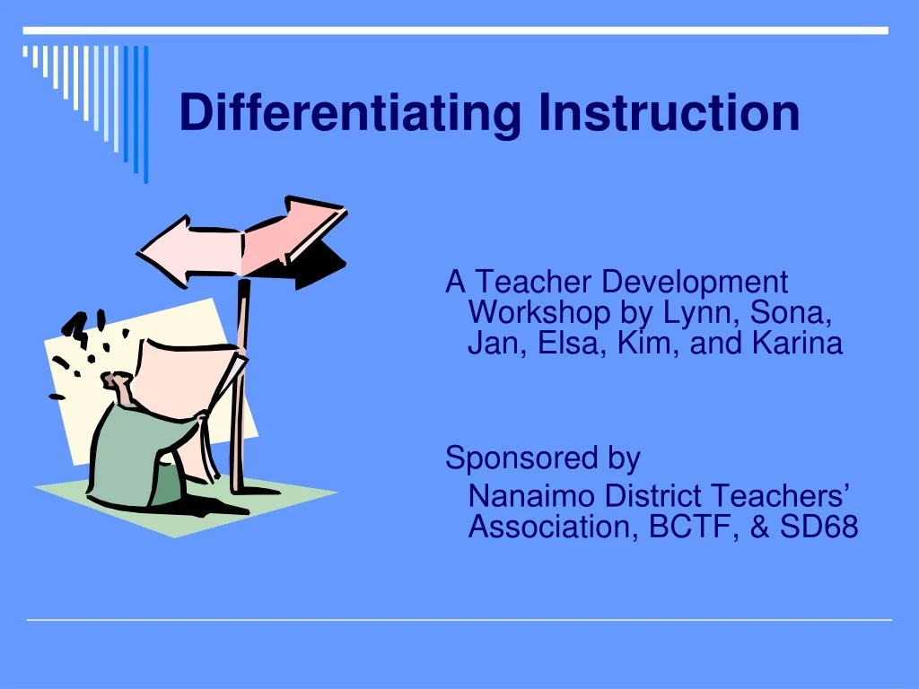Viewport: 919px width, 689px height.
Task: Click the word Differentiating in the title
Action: [x=350, y=114]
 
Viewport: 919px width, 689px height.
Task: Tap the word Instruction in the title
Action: [x=669, y=112]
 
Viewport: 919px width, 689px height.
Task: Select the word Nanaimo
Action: [x=532, y=495]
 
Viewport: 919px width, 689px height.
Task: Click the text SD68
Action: [x=818, y=527]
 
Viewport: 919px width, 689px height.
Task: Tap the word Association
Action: [x=548, y=527]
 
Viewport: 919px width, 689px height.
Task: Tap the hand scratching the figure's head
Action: [x=119, y=384]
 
